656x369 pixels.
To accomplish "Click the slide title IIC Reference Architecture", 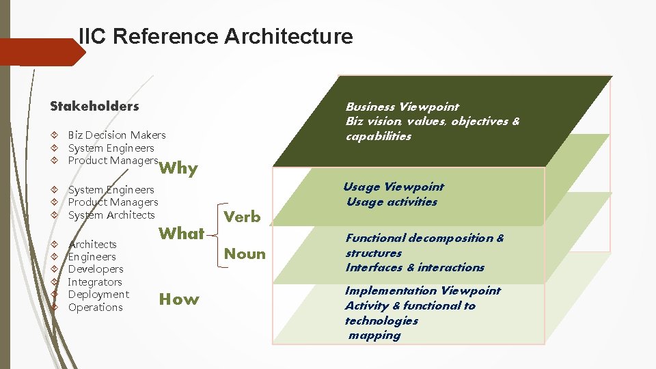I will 216,36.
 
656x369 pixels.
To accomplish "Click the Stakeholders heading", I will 94,106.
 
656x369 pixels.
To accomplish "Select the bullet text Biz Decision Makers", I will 117,135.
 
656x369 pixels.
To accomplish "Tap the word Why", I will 179,168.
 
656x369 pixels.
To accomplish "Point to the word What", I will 181,234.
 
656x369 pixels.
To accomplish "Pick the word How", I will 179,299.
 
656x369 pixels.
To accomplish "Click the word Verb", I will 243,217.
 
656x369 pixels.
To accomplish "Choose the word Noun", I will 245,254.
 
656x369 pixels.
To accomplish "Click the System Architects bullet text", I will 111,215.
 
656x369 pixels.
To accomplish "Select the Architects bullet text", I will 92,244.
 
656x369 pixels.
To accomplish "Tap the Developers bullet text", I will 96,269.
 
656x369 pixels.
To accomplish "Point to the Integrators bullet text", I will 95,282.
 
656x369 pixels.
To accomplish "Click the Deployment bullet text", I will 98,295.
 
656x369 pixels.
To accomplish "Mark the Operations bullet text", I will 96,307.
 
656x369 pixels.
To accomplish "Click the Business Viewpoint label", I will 402,107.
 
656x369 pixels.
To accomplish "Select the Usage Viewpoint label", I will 394,187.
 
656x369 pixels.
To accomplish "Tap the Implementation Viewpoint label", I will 422,290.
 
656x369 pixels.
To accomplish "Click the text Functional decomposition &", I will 424,238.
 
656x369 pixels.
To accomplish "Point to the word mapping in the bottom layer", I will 374,336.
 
